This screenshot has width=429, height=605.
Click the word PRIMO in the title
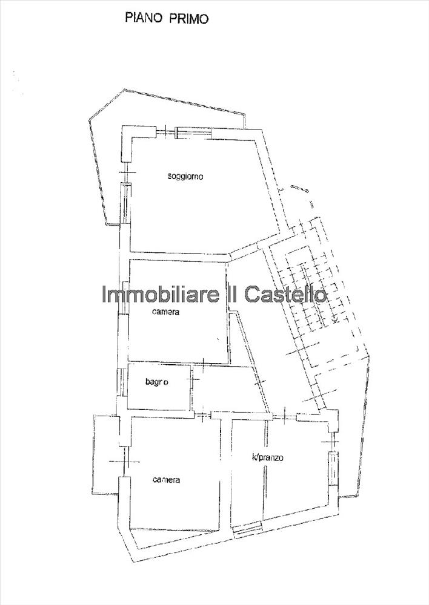[188, 19]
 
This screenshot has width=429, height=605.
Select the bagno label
[156, 382]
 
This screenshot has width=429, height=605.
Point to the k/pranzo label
[268, 458]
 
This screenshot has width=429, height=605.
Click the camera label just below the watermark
[165, 313]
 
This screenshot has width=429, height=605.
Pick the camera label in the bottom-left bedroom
[165, 480]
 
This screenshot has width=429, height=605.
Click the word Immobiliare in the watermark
[151, 295]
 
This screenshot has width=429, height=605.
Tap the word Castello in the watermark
[285, 295]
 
